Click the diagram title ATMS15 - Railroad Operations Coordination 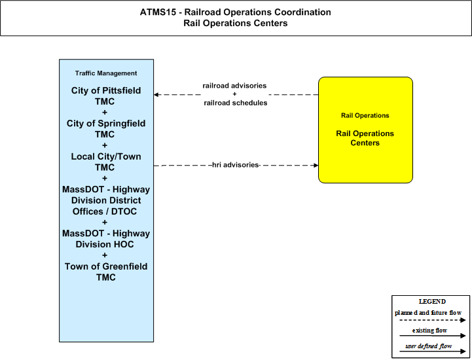pyautogui.click(x=236, y=12)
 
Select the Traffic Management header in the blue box pyautogui.click(x=106, y=73)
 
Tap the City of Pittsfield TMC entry pyautogui.click(x=105, y=96)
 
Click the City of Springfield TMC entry pyautogui.click(x=105, y=129)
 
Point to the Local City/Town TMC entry pyautogui.click(x=105, y=162)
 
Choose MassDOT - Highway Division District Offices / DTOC pyautogui.click(x=105, y=200)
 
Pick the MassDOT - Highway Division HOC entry pyautogui.click(x=105, y=239)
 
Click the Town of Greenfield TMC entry pyautogui.click(x=105, y=272)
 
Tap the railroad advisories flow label pyautogui.click(x=234, y=86)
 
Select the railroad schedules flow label pyautogui.click(x=236, y=103)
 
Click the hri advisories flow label pyautogui.click(x=236, y=165)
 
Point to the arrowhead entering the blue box pyautogui.click(x=156, y=94)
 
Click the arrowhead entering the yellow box pyautogui.click(x=316, y=165)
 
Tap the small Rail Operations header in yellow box pyautogui.click(x=365, y=116)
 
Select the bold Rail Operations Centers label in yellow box pyautogui.click(x=365, y=138)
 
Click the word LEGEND pyautogui.click(x=432, y=301)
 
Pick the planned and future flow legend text pyautogui.click(x=428, y=313)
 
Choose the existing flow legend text pyautogui.click(x=429, y=330)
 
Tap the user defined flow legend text pyautogui.click(x=429, y=346)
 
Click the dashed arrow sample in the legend pyautogui.click(x=433, y=320)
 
